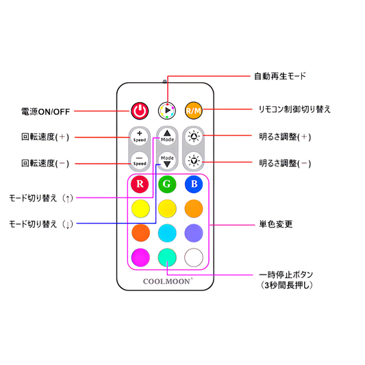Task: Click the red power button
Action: tap(140, 111)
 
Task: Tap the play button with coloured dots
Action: tap(167, 110)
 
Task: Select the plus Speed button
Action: tap(140, 137)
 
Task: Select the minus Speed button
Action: tap(140, 161)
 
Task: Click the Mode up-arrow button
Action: tap(167, 136)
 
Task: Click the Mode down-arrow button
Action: tap(167, 161)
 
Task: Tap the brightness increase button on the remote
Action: tap(194, 136)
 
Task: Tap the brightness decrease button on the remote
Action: tap(194, 161)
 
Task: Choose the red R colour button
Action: tap(140, 184)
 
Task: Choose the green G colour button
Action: tap(167, 184)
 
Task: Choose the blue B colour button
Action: tap(194, 184)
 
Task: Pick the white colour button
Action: tap(194, 257)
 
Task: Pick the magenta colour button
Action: tap(140, 257)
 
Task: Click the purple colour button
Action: tap(194, 233)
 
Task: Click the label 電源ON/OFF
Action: tap(46, 112)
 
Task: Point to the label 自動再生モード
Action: tap(280, 76)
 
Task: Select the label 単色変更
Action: tap(276, 225)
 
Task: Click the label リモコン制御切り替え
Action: tap(294, 109)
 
